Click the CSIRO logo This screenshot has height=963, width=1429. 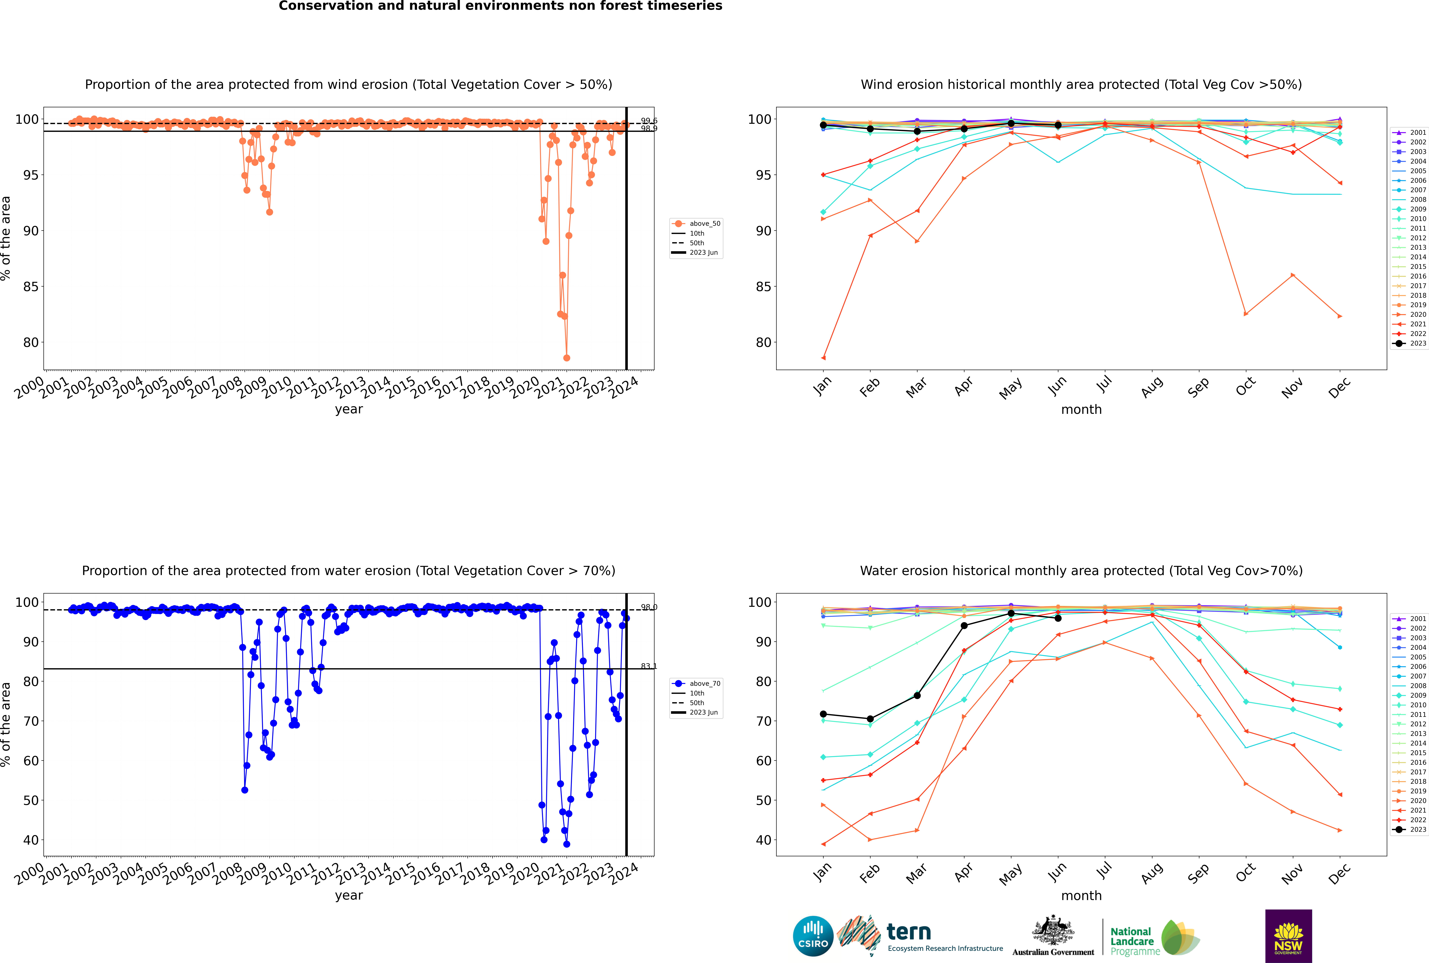point(813,936)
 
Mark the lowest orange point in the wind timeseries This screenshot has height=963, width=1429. point(566,357)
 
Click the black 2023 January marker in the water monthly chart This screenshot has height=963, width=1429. point(823,714)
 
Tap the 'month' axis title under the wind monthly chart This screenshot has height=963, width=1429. point(1081,410)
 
